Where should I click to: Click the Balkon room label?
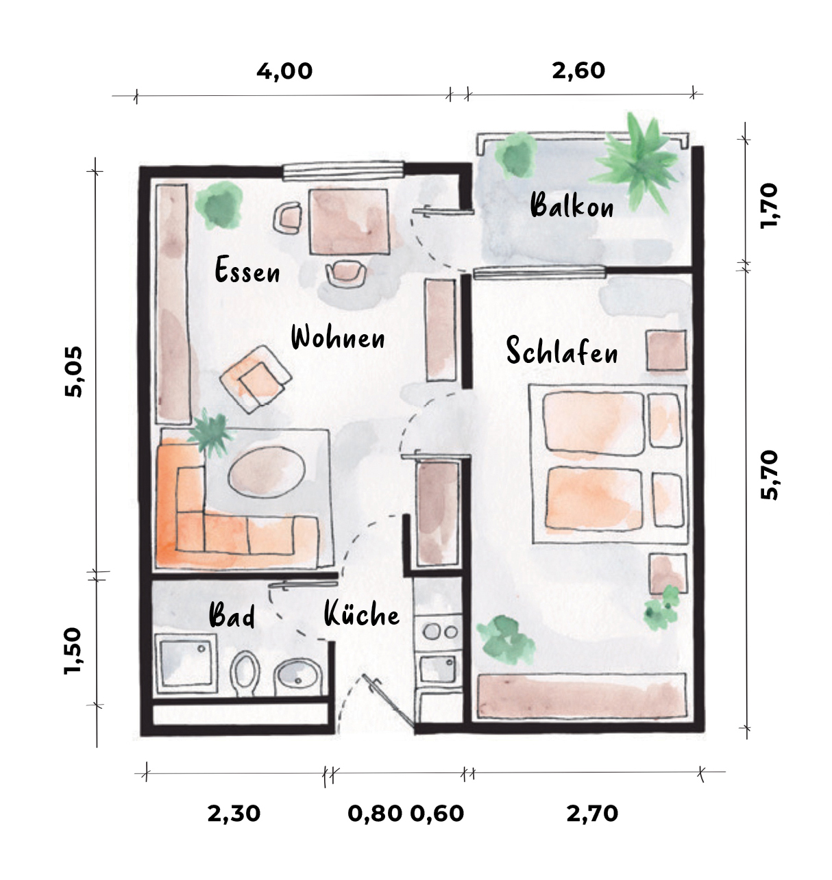pos(572,205)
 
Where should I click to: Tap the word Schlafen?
pos(561,350)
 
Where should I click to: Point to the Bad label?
pos(232,615)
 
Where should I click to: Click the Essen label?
pos(247,269)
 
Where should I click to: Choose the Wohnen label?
pos(338,337)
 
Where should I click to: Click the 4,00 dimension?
pos(284,71)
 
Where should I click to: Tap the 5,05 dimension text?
pos(73,372)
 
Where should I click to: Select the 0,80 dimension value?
pos(375,814)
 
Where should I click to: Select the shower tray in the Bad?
pos(186,663)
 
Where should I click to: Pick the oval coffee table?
pos(267,472)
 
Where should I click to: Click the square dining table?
pos(349,222)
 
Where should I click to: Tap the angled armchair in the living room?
pos(256,379)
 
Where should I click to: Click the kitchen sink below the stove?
pos(438,669)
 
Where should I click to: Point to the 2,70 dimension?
pos(592,814)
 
